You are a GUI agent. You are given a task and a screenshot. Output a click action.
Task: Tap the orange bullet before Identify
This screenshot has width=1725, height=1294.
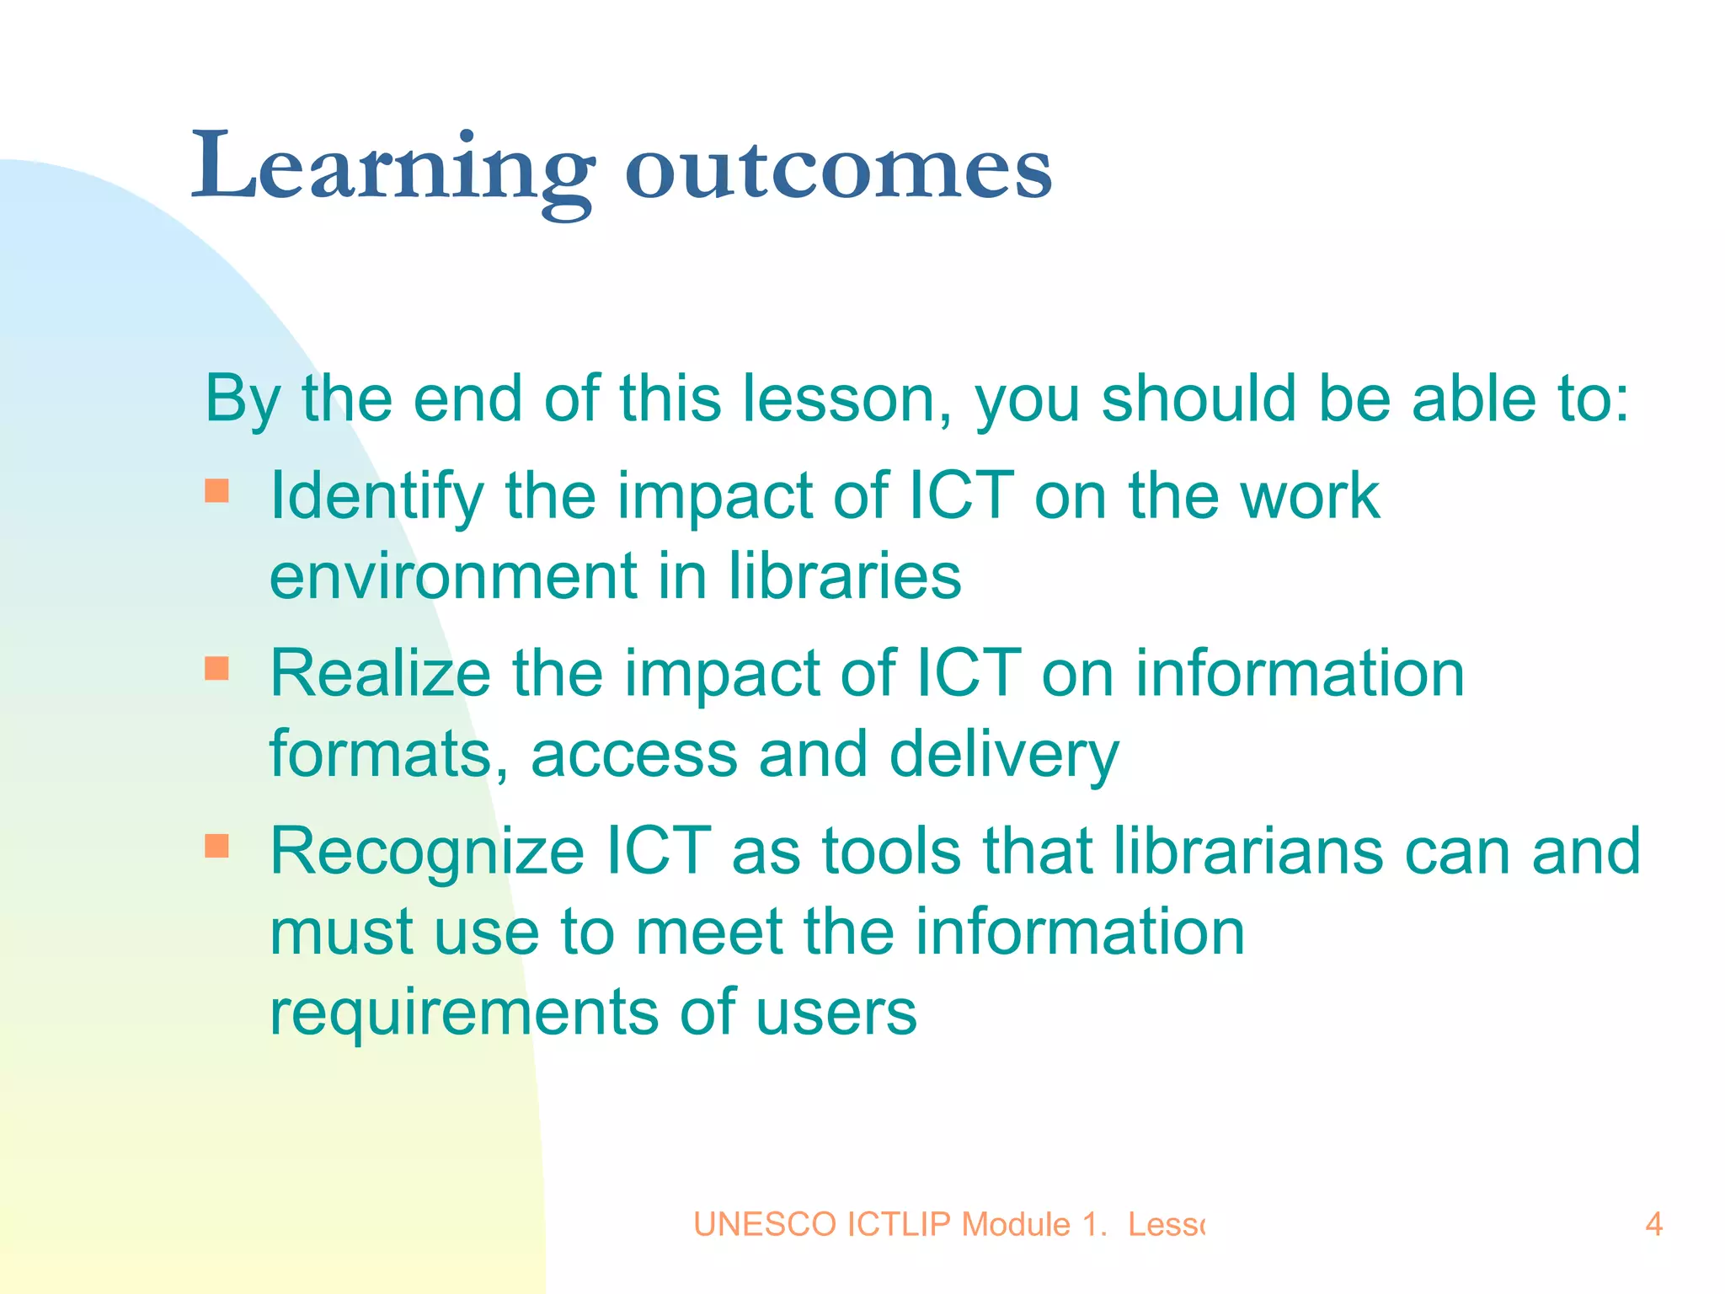217,490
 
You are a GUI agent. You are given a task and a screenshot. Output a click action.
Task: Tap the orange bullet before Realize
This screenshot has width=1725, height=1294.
217,668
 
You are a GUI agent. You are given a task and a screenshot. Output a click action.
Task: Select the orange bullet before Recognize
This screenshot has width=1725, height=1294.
217,845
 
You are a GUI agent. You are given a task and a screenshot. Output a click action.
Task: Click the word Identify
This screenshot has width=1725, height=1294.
376,497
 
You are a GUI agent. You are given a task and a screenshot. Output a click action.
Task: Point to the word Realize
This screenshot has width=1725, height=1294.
380,674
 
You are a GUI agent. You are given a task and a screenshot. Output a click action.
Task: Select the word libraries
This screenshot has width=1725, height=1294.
844,576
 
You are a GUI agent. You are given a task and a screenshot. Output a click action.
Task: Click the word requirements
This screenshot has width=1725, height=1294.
463,1013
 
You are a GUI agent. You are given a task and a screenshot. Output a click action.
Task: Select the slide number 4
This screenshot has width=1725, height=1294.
1653,1224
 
